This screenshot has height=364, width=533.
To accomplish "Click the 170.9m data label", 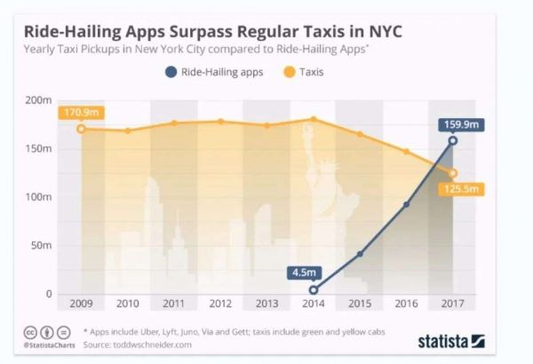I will (x=79, y=113).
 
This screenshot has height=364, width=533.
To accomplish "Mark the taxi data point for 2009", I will (x=81, y=129).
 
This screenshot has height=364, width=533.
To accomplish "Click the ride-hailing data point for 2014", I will (x=314, y=289).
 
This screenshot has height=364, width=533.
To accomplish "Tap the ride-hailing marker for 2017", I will (x=453, y=140).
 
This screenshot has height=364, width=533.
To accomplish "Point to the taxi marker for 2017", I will (x=453, y=174).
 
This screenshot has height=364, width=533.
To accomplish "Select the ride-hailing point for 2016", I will (x=406, y=204).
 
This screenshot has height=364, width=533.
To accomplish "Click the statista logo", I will (x=450, y=340).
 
